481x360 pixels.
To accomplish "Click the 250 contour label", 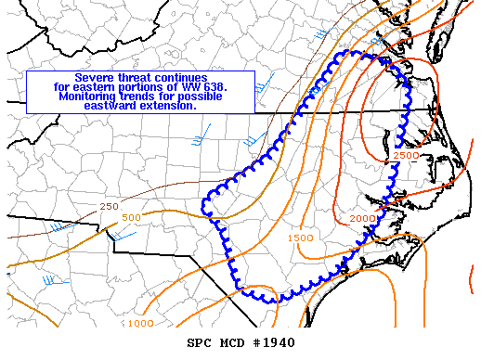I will coord(110,205).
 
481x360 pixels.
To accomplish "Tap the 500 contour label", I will coord(131,218).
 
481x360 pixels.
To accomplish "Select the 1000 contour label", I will coord(140,323).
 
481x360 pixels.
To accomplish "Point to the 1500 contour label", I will coord(300,238).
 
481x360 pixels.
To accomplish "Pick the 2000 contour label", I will coord(362,218).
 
